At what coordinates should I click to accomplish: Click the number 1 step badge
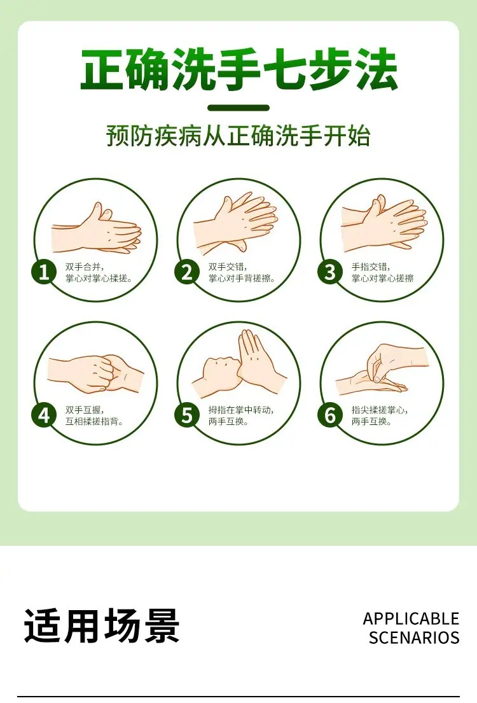(x=44, y=272)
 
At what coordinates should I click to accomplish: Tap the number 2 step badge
(x=187, y=272)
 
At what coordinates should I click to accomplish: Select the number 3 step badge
(x=330, y=272)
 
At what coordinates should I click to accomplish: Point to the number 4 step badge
(x=44, y=415)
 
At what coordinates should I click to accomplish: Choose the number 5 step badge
(x=187, y=415)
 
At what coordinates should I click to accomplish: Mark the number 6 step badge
(x=330, y=415)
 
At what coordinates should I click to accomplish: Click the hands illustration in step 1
(x=97, y=229)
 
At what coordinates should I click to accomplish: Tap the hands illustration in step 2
(x=236, y=223)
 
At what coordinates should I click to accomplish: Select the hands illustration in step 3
(x=384, y=222)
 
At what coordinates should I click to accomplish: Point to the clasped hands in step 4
(x=96, y=373)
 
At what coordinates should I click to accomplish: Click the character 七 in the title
(x=285, y=69)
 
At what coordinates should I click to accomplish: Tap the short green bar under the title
(x=238, y=108)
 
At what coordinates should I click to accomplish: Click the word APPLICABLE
(x=411, y=619)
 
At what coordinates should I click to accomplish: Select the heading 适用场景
(x=102, y=625)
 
